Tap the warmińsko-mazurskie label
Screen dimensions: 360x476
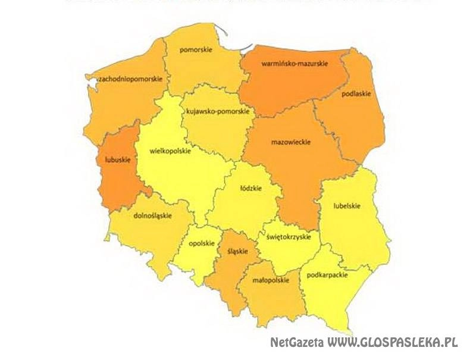point(294,63)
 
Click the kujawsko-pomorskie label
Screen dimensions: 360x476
point(219,111)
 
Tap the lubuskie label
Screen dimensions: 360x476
point(109,159)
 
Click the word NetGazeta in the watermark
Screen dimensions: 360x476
point(296,343)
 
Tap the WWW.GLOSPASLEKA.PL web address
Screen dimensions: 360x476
point(392,343)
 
